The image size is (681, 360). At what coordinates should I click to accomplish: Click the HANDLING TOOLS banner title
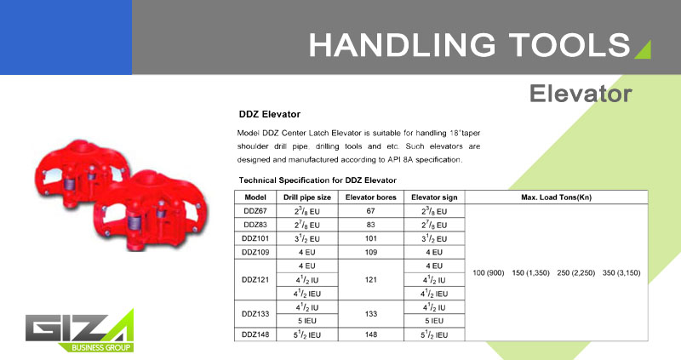click(x=469, y=45)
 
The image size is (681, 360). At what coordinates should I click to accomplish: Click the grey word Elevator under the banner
click(x=581, y=94)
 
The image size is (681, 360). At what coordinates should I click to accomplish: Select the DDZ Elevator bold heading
click(x=270, y=114)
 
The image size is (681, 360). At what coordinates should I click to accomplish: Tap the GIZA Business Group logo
click(x=79, y=331)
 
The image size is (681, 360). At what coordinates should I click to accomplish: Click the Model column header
click(x=255, y=197)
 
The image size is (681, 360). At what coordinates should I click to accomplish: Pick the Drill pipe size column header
click(x=307, y=197)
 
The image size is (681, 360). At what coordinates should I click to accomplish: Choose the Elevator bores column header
click(x=371, y=197)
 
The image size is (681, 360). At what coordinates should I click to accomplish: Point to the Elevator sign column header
click(x=434, y=197)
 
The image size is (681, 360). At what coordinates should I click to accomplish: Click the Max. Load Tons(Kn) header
click(x=557, y=197)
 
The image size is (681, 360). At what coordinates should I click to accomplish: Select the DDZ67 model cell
click(x=255, y=211)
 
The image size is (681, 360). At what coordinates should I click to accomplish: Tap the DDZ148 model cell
click(x=255, y=334)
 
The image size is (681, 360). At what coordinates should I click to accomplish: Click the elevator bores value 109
click(x=371, y=252)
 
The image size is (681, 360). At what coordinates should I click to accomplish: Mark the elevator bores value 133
click(x=371, y=313)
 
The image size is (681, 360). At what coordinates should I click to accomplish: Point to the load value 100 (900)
click(x=488, y=272)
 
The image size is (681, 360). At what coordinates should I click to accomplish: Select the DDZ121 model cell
click(x=255, y=280)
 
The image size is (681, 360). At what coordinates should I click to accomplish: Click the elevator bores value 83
click(x=371, y=225)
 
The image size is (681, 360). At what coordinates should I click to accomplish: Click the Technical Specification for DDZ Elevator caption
click(x=318, y=180)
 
